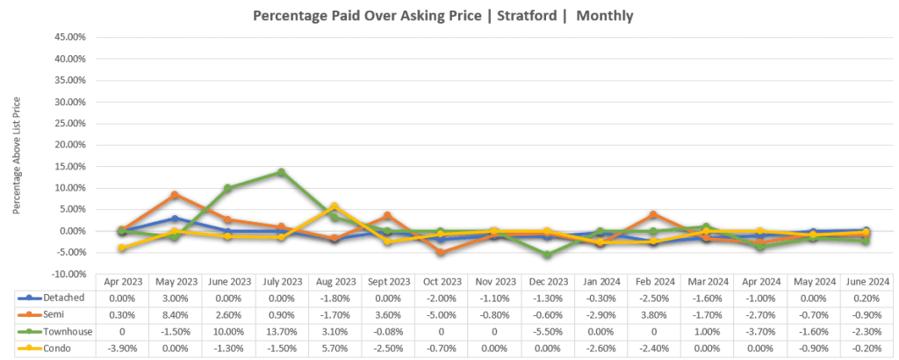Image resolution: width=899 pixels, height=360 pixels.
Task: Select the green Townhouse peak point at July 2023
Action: coord(281,172)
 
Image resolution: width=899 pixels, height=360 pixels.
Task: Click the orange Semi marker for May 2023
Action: coord(175,195)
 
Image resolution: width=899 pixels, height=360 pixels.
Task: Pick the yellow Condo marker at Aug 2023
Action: coord(334,206)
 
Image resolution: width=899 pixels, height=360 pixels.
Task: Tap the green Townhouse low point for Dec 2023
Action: coord(548,255)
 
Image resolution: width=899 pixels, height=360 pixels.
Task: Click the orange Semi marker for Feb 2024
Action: coord(654,214)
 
